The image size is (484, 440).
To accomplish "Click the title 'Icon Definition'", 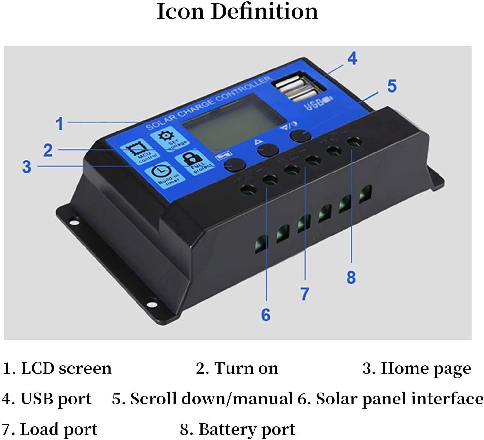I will [x=237, y=12].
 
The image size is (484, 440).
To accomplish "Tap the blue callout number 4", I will [x=352, y=58].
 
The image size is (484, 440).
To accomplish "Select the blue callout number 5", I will [x=391, y=86].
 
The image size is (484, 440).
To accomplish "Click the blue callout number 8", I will [x=351, y=277].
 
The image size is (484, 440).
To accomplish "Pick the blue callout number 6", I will [x=266, y=314].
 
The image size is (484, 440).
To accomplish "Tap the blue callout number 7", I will [x=305, y=294].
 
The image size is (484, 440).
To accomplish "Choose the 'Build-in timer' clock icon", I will [x=164, y=174].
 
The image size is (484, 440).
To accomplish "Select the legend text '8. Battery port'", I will [x=237, y=429].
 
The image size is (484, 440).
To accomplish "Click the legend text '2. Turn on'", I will [x=237, y=368].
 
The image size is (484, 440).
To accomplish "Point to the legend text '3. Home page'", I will [x=417, y=368].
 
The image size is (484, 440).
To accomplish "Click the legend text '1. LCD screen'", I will [x=57, y=368].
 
